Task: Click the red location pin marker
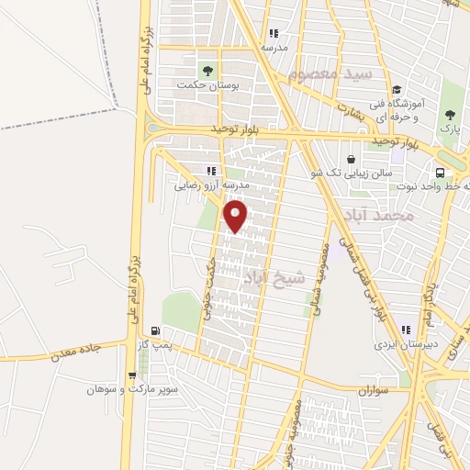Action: (x=237, y=218)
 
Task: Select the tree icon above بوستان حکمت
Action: (x=207, y=69)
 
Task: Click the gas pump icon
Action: (x=155, y=330)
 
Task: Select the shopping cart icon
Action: (x=134, y=375)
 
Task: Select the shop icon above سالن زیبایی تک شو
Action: (x=352, y=159)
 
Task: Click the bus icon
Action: (x=441, y=173)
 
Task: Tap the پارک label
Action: (x=449, y=129)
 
